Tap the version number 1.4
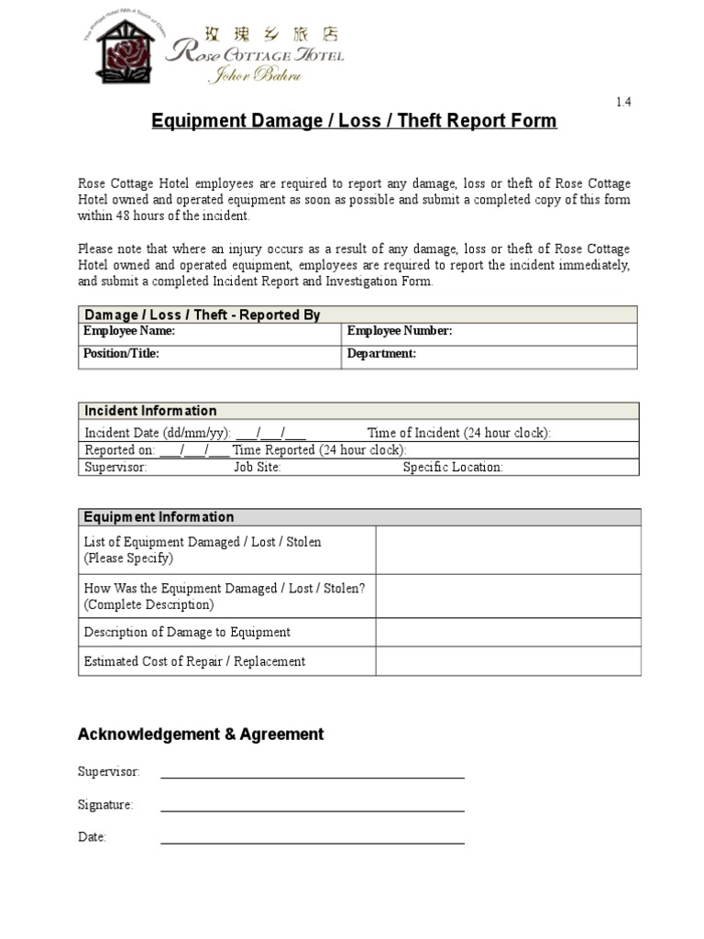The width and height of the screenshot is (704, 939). click(x=623, y=102)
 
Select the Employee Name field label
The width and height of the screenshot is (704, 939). click(x=128, y=331)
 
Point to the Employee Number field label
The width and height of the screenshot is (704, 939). click(x=400, y=331)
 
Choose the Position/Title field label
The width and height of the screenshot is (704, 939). click(x=121, y=353)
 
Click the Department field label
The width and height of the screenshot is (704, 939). click(x=381, y=353)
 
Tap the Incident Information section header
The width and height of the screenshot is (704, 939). click(x=150, y=411)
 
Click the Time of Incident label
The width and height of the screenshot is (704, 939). click(x=458, y=433)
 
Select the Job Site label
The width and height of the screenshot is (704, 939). click(x=258, y=467)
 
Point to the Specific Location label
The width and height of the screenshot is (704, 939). click(x=453, y=467)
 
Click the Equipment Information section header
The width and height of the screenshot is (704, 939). click(x=159, y=517)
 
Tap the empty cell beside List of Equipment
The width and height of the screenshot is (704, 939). click(x=508, y=550)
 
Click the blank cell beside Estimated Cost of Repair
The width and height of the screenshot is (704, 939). click(x=508, y=661)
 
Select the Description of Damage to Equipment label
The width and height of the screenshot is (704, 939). click(x=187, y=632)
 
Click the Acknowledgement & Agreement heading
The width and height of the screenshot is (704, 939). click(x=201, y=735)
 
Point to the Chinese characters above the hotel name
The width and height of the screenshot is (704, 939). click(x=276, y=35)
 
